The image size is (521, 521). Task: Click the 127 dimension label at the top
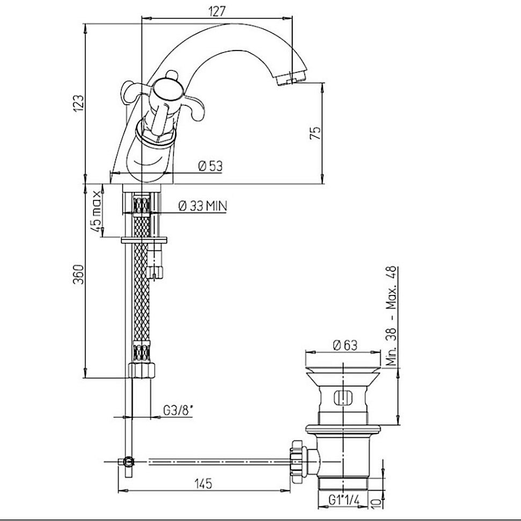tap(217, 11)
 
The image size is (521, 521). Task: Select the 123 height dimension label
tap(79, 103)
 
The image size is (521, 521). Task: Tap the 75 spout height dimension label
tap(316, 132)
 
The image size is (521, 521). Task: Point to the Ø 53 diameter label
tap(211, 166)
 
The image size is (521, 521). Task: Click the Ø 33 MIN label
tap(202, 206)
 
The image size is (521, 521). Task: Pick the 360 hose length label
tap(79, 274)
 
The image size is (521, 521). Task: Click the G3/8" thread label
tap(178, 411)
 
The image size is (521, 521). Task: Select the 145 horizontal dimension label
tap(204, 483)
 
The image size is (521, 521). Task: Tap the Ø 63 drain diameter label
tap(345, 345)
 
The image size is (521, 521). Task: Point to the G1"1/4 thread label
tap(344, 500)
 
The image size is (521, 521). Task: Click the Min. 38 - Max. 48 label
tap(392, 316)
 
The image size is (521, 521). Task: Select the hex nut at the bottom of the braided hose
tap(142, 370)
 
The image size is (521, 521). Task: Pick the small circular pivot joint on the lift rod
tap(128, 461)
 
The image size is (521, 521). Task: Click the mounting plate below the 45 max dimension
tap(144, 240)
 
